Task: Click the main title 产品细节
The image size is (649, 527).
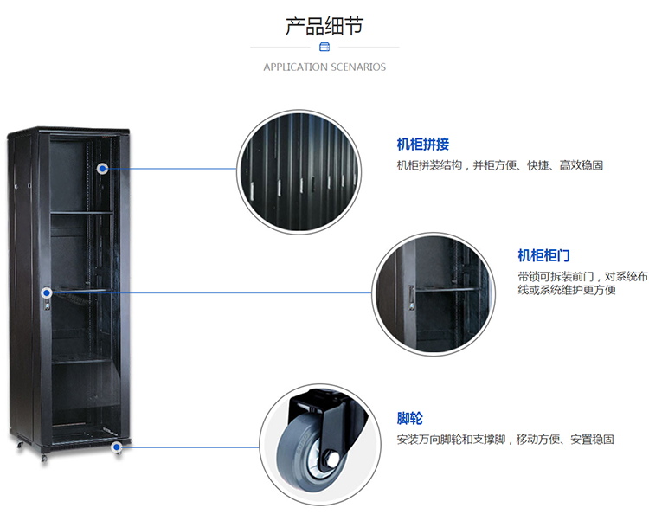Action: [324, 26]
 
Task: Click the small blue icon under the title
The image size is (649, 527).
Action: [324, 47]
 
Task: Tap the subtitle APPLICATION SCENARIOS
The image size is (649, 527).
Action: [324, 67]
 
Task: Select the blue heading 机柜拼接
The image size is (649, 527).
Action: [423, 145]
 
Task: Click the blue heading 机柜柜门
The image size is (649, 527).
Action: [544, 255]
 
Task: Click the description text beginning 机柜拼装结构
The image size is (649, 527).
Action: [499, 165]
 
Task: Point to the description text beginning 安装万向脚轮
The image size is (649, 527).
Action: [505, 440]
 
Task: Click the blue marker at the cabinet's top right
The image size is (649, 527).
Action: [104, 169]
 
